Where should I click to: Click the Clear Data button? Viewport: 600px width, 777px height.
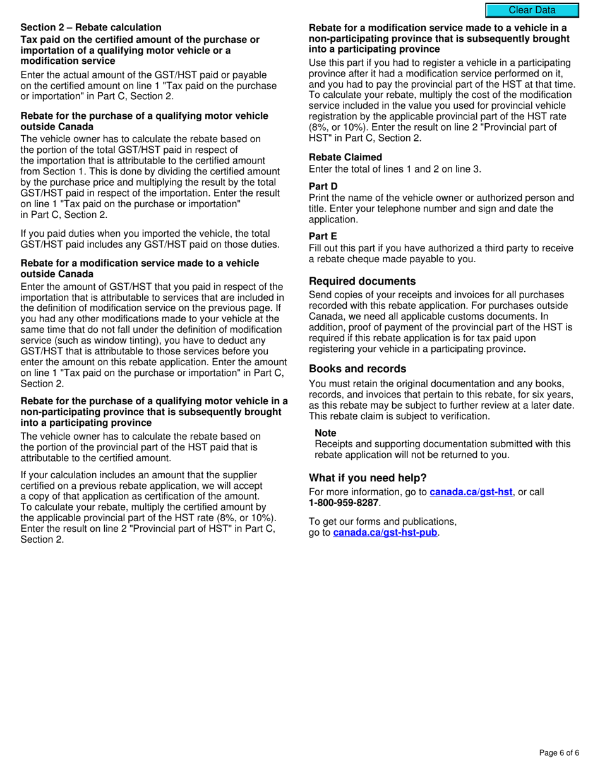click(532, 10)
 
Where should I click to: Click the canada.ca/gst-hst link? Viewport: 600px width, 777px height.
click(471, 491)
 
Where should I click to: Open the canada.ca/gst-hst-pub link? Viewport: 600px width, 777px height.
click(385, 533)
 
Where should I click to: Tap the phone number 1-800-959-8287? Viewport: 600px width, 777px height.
click(344, 503)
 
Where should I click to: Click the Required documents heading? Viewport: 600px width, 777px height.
click(362, 281)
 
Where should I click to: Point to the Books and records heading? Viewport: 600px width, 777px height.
click(357, 369)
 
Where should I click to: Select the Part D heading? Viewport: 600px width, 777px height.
click(323, 186)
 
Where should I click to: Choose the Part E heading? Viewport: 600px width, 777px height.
click(323, 236)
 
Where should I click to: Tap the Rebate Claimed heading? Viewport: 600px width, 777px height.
click(345, 157)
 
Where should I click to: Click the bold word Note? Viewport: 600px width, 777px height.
click(325, 433)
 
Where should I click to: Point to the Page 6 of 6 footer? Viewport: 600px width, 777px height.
click(559, 752)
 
